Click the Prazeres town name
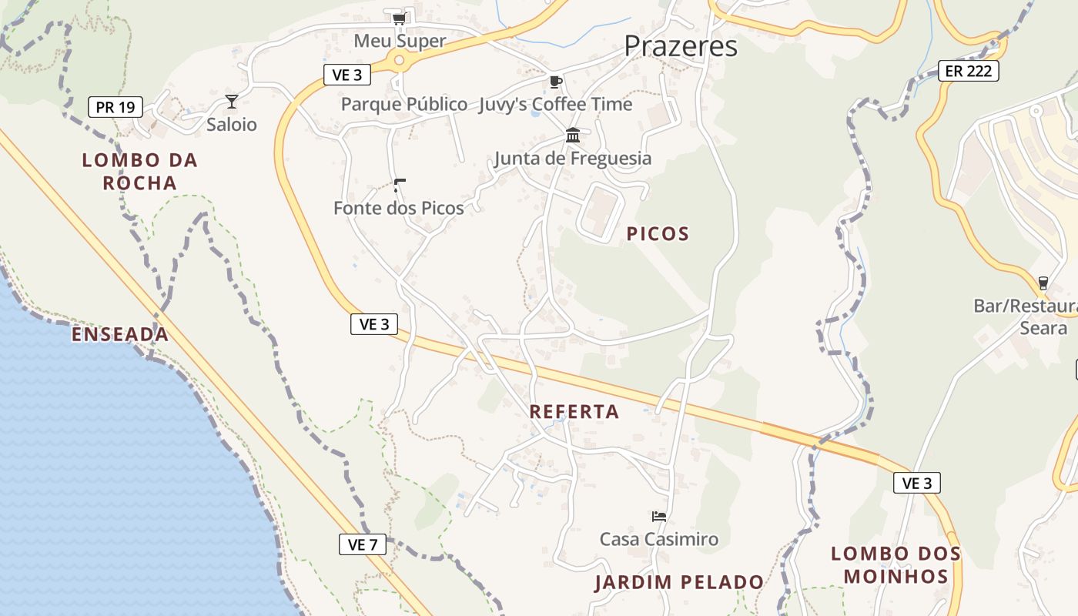coord(681,46)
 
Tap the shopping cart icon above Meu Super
coord(398,18)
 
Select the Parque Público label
coord(404,104)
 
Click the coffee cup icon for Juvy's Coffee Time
coord(555,82)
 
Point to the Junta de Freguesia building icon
coord(573,136)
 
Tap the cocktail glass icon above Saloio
coord(231,101)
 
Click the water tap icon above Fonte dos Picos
coord(399,185)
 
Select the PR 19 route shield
coord(115,107)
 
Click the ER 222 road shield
coord(969,72)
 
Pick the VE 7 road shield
coord(363,544)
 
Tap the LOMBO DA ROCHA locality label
coord(139,172)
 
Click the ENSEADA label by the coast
coord(120,334)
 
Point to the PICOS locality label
coord(658,234)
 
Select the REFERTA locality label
coord(574,412)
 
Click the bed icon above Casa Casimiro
coord(658,516)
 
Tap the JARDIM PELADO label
coord(679,582)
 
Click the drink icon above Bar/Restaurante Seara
coord(1043,283)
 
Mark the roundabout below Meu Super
coord(399,59)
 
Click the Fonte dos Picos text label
coord(399,208)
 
